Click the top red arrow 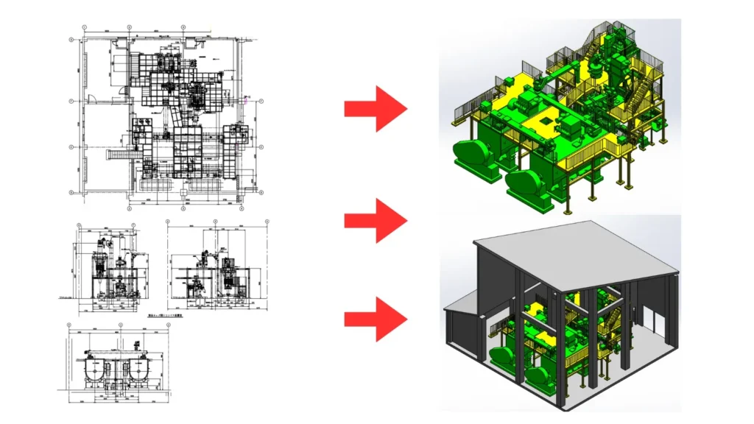click(x=375, y=109)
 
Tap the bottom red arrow click(x=375, y=319)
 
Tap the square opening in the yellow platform click(x=548, y=119)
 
